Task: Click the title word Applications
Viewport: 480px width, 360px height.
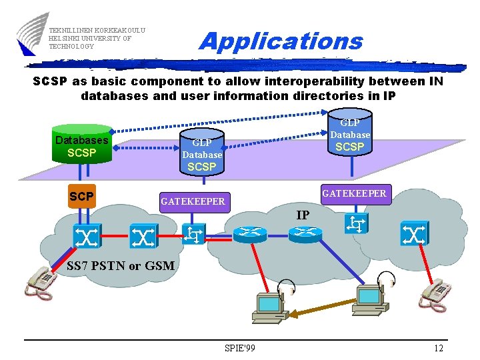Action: tap(281, 41)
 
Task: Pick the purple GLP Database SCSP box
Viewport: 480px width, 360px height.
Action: tap(349, 135)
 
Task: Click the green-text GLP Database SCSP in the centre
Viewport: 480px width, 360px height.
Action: tap(202, 155)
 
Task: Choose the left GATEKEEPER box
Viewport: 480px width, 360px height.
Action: tap(193, 201)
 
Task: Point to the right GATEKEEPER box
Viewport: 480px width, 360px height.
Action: tap(354, 193)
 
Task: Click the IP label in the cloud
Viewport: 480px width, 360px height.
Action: tap(303, 215)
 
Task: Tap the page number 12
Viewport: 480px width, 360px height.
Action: tap(438, 348)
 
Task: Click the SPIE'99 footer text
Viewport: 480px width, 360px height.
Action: tap(241, 348)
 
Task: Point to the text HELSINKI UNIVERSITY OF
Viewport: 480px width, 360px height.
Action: tap(90, 38)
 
